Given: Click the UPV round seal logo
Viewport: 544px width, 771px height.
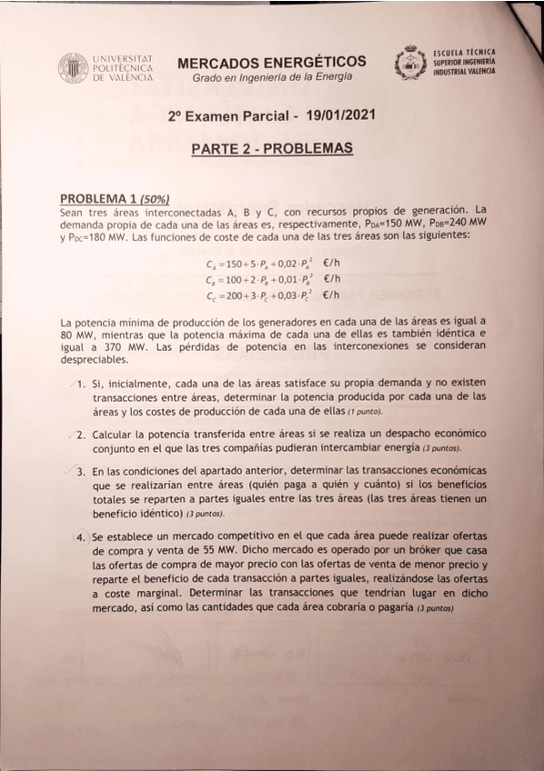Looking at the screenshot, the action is tap(74, 68).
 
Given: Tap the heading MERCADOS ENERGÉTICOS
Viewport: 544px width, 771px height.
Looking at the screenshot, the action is tap(272, 62).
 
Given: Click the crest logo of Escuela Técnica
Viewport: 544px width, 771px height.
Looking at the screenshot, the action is tap(410, 64).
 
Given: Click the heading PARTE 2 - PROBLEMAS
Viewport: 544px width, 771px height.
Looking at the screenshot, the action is tap(272, 147).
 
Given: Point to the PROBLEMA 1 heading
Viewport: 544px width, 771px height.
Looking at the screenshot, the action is tap(98, 198).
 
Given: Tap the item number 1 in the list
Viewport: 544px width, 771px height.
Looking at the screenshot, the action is tap(81, 385).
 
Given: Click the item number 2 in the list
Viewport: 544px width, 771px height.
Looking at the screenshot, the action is tap(81, 434).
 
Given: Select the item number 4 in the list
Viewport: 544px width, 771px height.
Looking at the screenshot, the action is tap(81, 537).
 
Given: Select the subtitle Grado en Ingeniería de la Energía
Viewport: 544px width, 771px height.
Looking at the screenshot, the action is tap(272, 79).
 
